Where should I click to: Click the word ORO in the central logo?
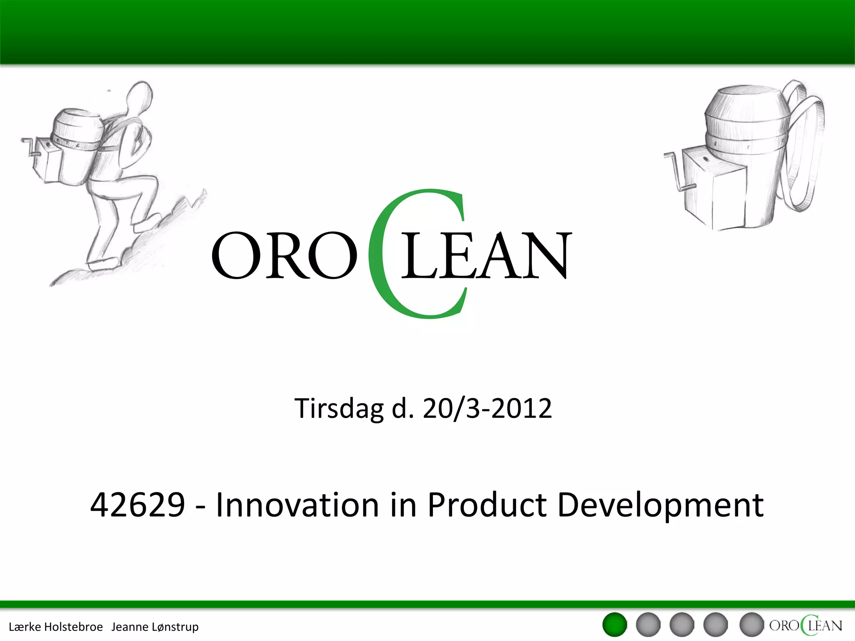click(284, 255)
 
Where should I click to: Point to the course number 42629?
click(137, 505)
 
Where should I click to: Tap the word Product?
click(487, 505)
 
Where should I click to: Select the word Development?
click(660, 505)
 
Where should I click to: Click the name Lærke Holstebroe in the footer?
click(56, 627)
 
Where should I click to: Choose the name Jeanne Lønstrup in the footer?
click(155, 627)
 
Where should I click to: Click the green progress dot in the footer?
click(615, 625)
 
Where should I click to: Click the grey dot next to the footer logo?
click(751, 625)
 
